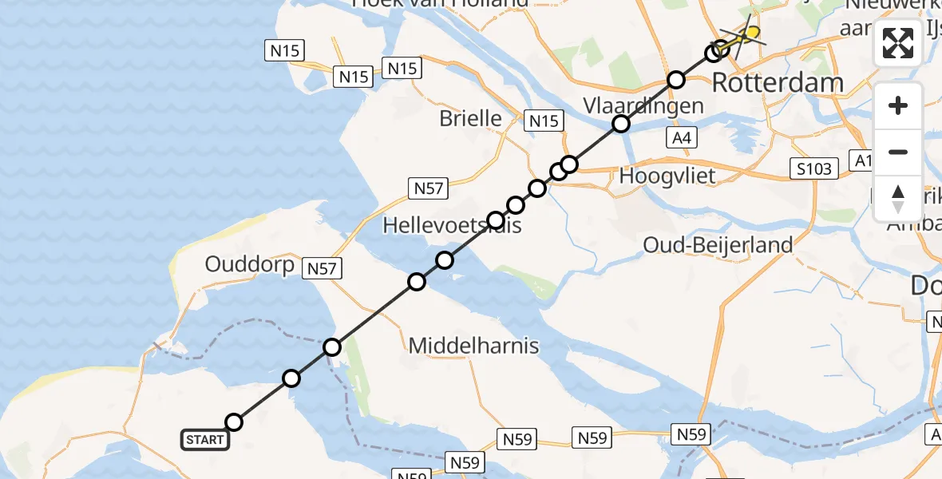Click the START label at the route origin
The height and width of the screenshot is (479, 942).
(x=205, y=439)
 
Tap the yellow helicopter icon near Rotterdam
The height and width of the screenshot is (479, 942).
(x=745, y=35)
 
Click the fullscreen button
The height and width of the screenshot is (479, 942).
(x=898, y=43)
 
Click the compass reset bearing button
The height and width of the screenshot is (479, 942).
(x=898, y=198)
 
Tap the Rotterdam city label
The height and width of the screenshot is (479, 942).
(x=777, y=82)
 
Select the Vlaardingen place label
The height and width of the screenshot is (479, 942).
(x=643, y=106)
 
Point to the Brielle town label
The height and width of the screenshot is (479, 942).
(x=471, y=119)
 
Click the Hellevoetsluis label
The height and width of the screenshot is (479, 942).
(x=452, y=226)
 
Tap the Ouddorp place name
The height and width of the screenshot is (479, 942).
(x=250, y=264)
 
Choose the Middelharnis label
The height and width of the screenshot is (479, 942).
(x=473, y=346)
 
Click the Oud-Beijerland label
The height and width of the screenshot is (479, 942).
(x=718, y=245)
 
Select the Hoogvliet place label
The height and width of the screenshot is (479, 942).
(x=655, y=176)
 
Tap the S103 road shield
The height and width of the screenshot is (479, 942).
(x=813, y=168)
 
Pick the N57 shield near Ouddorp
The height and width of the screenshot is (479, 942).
(x=322, y=269)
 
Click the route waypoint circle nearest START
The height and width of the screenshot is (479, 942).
(x=234, y=422)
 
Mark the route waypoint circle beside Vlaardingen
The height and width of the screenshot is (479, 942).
(x=621, y=124)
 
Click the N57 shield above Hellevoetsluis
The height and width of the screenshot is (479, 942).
(x=429, y=188)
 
